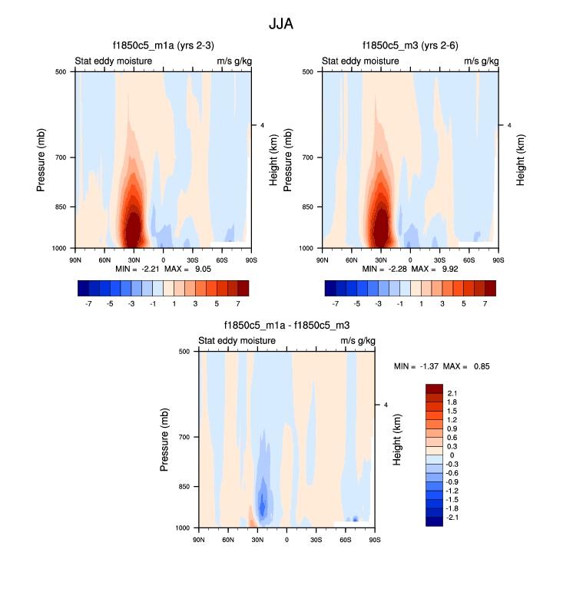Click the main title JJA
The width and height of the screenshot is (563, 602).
(x=281, y=24)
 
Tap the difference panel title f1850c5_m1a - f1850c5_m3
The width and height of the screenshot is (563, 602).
(x=286, y=326)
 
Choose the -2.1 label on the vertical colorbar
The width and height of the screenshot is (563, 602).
(x=453, y=518)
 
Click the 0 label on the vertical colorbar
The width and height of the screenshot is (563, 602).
(x=451, y=455)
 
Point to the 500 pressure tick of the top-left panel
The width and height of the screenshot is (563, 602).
(x=65, y=71)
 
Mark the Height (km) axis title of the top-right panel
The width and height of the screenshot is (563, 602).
(x=520, y=160)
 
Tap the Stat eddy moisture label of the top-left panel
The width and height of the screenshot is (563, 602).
(x=113, y=61)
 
